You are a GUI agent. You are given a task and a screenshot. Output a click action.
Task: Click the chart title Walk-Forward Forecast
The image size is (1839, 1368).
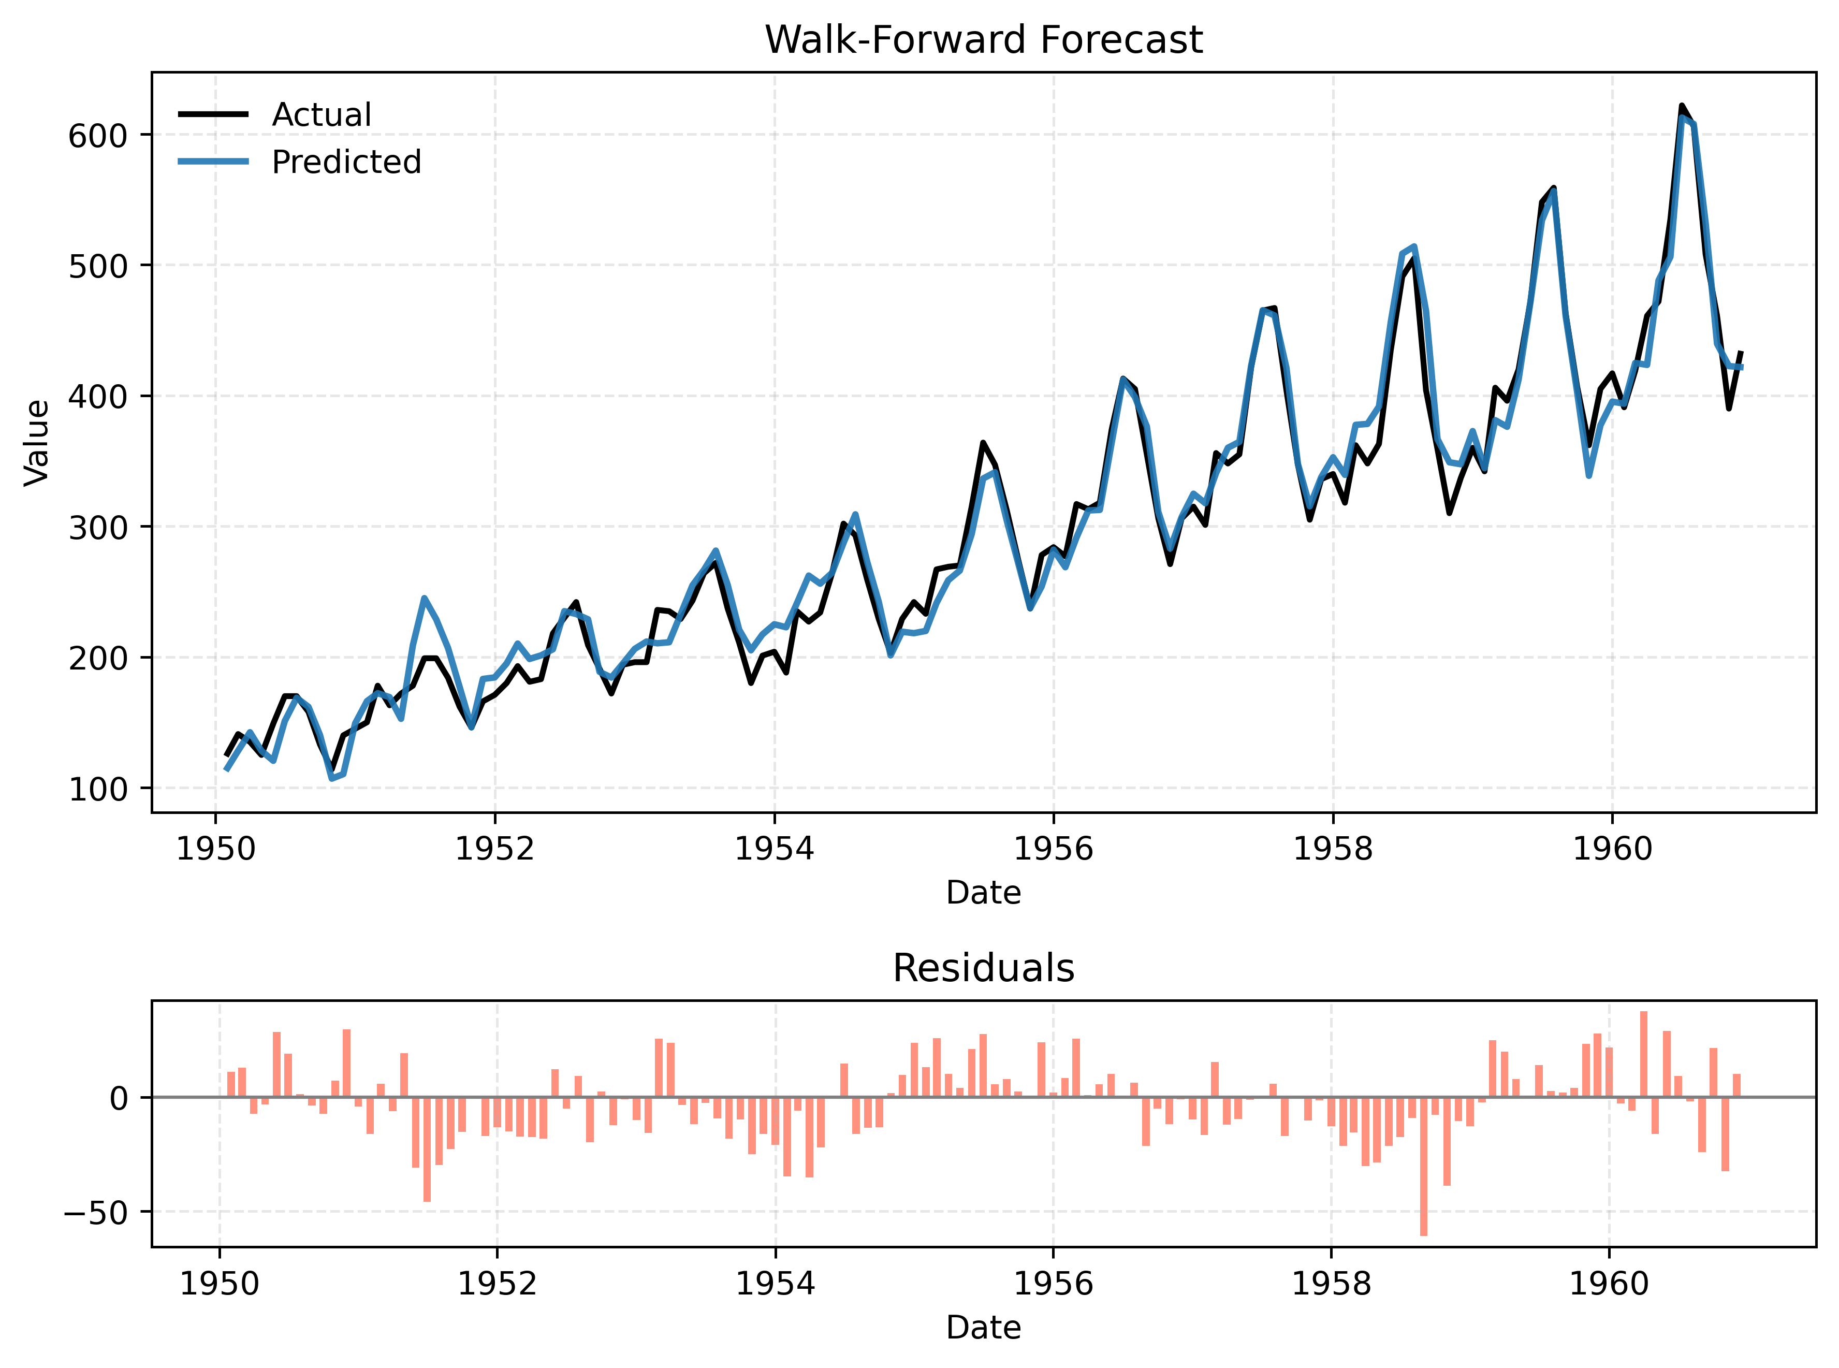(x=983, y=40)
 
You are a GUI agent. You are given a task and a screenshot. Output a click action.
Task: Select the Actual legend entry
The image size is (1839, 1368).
(x=322, y=114)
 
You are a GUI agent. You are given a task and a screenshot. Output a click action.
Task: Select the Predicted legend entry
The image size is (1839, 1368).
(x=346, y=162)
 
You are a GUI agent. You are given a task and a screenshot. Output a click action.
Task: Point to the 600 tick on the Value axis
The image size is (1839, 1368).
(x=98, y=136)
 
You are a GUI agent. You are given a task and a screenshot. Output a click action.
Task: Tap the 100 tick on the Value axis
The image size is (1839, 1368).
(x=98, y=789)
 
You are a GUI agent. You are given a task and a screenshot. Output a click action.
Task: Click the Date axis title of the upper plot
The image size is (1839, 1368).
(x=983, y=893)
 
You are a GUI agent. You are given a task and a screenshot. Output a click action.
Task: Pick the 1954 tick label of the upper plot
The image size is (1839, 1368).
(x=774, y=849)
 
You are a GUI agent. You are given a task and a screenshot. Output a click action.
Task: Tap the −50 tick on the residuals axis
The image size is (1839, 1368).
(x=97, y=1212)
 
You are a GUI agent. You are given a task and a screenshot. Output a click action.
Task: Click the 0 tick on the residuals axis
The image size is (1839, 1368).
(x=119, y=1099)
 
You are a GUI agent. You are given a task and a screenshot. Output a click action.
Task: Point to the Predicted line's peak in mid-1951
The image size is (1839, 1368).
(x=424, y=598)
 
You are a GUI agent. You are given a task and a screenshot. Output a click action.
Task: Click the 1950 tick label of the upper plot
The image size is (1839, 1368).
(x=216, y=849)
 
